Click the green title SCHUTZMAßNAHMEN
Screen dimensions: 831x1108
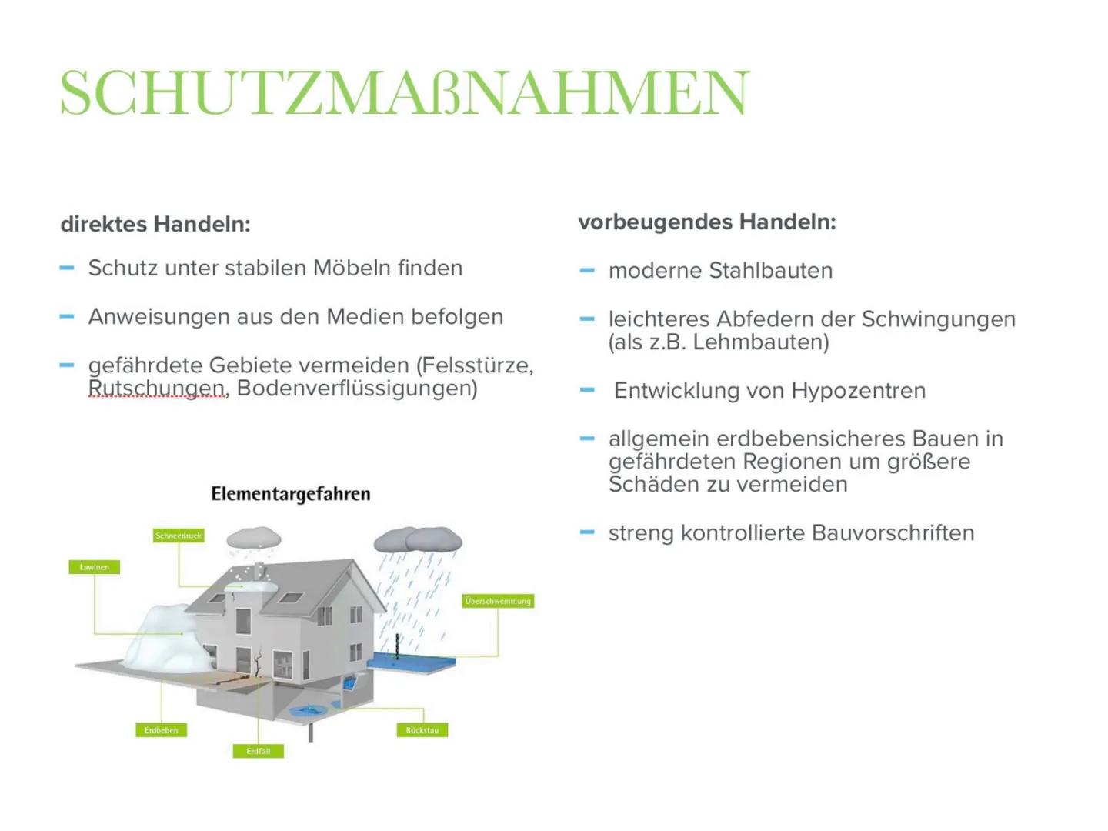(404, 93)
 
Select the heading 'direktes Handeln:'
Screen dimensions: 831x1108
(155, 225)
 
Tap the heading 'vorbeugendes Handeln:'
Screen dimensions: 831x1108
(706, 222)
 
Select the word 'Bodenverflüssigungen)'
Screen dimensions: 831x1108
(357, 389)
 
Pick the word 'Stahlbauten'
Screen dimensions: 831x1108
(770, 271)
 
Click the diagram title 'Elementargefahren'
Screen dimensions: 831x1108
(291, 494)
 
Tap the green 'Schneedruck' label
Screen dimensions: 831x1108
(179, 536)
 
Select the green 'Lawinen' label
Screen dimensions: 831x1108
(94, 567)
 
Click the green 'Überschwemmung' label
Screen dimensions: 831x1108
(498, 601)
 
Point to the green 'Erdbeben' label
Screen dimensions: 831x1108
(161, 730)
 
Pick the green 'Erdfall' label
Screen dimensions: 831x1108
(259, 751)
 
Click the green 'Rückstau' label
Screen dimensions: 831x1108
(422, 730)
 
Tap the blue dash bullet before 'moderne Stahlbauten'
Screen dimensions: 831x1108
(587, 271)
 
